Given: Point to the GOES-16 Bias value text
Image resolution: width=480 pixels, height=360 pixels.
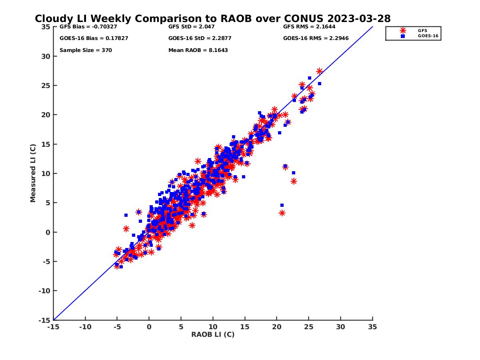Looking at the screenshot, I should pos(94,38).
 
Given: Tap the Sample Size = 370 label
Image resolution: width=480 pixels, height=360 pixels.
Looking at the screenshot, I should pos(86,50).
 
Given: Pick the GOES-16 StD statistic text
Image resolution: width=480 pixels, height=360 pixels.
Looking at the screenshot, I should pos(200,38).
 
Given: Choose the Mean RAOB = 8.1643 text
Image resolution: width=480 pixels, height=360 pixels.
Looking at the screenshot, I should pos(198,50).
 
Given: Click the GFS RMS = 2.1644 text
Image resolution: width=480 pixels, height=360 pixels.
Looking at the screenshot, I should pos(309,27).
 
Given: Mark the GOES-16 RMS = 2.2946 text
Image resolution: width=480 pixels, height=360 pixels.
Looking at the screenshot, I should pos(315,38).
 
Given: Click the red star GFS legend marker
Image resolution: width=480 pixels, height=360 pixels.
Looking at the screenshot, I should pos(403,30).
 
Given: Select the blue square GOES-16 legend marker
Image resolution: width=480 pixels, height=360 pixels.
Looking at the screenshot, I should pos(403,36).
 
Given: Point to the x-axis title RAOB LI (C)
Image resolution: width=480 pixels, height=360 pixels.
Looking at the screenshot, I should pos(213,334).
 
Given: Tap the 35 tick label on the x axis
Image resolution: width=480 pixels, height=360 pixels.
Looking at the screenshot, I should pos(372,327).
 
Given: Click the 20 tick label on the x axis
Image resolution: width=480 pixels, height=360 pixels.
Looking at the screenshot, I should pos(277,327).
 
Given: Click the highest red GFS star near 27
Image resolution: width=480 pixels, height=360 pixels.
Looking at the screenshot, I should pos(319,71).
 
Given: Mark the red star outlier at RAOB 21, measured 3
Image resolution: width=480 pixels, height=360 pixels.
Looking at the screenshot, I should pos(282,213).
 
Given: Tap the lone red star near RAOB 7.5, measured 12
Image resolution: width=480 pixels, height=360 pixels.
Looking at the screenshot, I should pos(198,161).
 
